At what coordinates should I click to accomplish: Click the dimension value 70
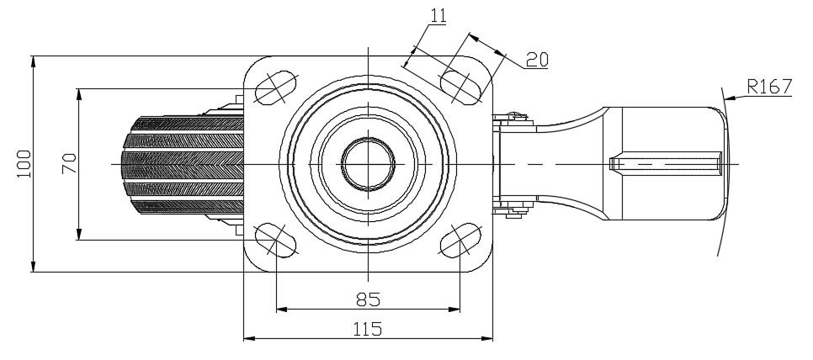[x=69, y=162]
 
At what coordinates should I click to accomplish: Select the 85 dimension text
[x=368, y=298]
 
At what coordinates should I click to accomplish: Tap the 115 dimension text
[x=368, y=327]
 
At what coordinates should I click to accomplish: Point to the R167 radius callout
[x=768, y=85]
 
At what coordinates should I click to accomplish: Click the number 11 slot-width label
[x=438, y=15]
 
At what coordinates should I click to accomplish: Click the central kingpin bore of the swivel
[x=369, y=162]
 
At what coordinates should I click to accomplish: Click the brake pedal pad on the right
[x=665, y=162]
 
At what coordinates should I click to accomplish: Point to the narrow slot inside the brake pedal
[x=665, y=162]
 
